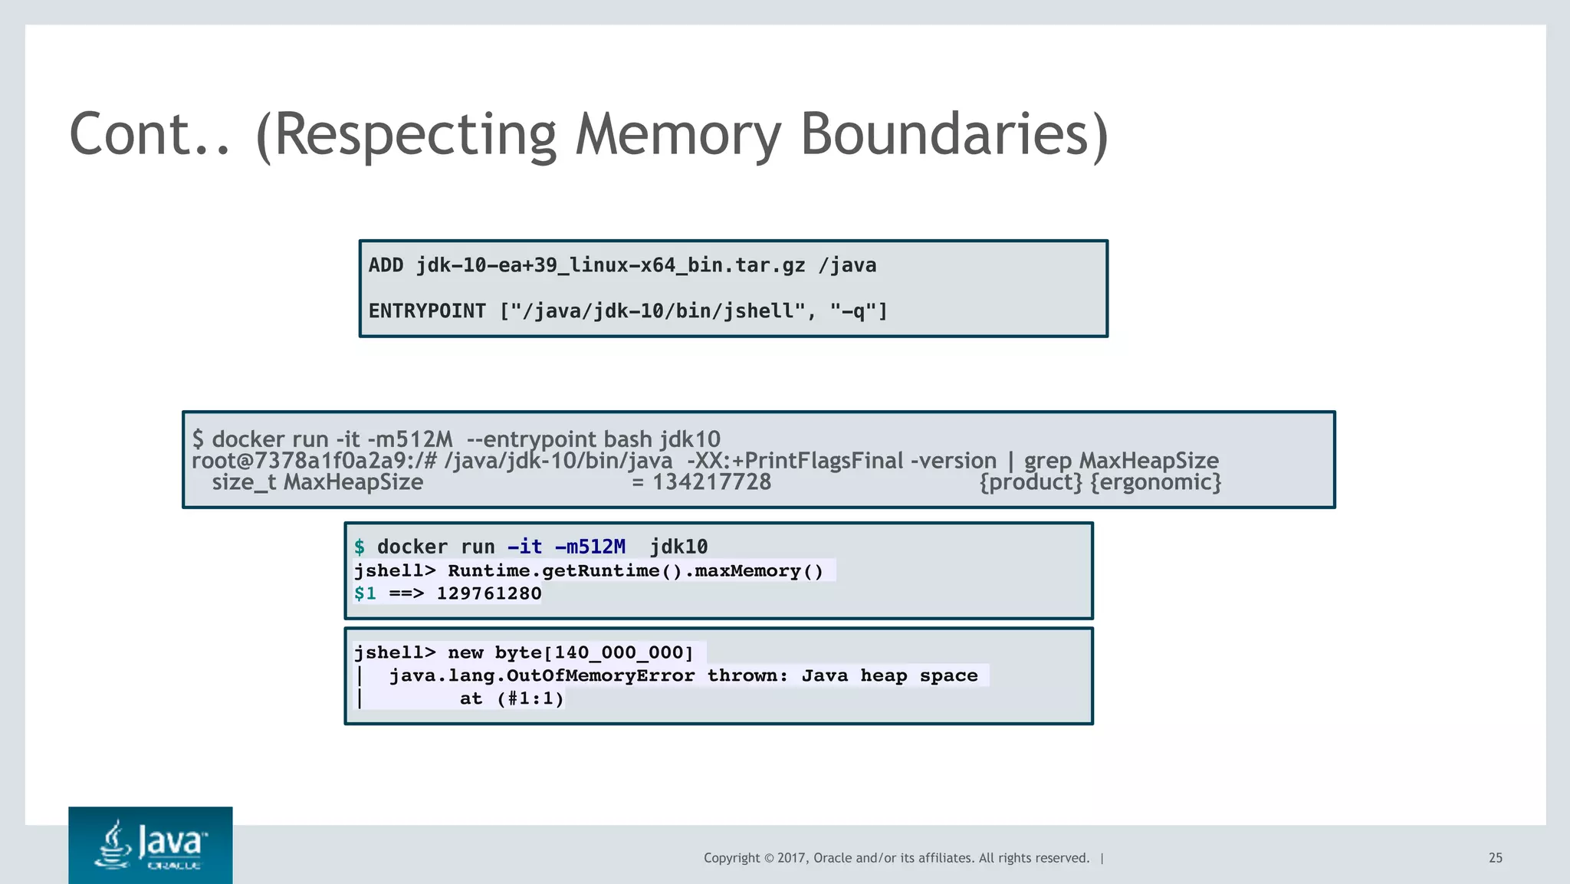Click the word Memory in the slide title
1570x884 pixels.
pos(678,135)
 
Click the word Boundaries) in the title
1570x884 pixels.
pos(954,135)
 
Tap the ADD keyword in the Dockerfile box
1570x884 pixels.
pos(386,265)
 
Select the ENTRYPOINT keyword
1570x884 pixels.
pos(427,311)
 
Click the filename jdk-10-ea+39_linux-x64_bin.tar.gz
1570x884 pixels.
pos(610,265)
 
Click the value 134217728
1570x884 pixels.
pos(711,482)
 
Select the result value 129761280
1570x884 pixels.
pos(488,593)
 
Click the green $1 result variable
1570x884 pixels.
pos(365,593)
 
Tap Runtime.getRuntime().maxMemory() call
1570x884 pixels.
pos(635,571)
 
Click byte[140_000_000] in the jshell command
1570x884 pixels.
pos(593,652)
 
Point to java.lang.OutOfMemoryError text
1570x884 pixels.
pos(541,675)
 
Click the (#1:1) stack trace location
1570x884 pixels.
pos(530,698)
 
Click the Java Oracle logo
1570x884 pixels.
pos(150,845)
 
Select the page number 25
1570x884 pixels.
pos(1495,858)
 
